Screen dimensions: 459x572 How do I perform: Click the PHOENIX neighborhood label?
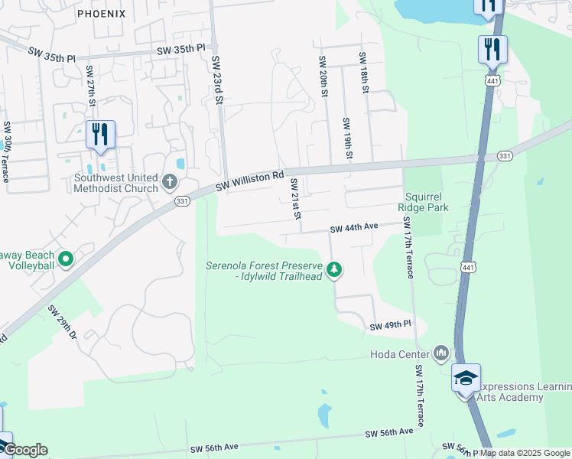101,14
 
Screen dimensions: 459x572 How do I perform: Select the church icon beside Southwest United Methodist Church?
170,184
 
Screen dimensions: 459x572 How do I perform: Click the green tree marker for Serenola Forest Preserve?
333,269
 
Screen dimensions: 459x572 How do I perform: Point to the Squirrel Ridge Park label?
423,200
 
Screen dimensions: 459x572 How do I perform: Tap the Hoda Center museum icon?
440,353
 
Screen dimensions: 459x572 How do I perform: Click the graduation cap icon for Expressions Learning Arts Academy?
466,378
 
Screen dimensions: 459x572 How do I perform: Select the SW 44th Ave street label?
354,228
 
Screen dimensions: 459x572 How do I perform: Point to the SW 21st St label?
293,197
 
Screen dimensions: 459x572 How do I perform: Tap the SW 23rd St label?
217,80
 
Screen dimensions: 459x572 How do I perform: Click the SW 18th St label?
364,73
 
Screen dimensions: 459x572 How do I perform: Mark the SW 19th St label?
348,138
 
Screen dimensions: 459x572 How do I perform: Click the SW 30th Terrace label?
6,151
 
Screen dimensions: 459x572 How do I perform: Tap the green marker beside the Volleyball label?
66,260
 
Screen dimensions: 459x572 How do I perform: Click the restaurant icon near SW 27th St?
100,135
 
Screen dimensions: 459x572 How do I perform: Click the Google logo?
24,450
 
